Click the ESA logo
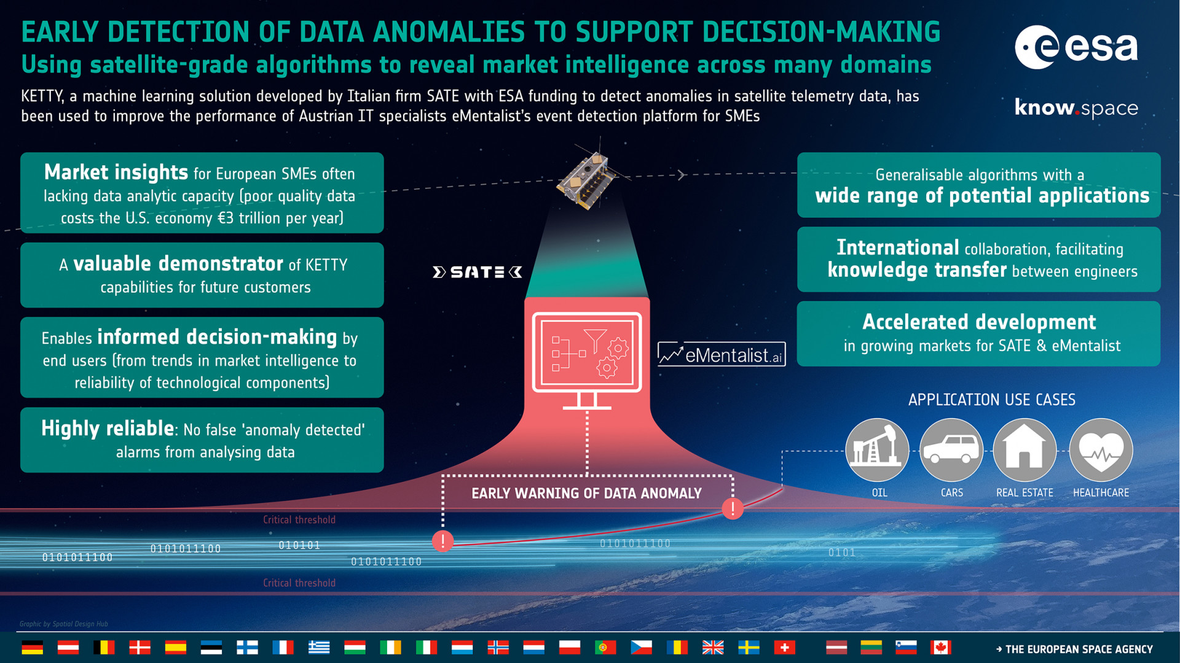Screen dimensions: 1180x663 (1076, 47)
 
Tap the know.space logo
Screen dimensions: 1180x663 (1076, 107)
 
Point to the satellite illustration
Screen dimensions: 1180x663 (588, 179)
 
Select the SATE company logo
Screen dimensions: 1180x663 (478, 272)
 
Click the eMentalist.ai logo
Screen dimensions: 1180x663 (722, 354)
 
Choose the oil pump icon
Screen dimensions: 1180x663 (877, 450)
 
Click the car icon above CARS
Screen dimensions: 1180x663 (951, 450)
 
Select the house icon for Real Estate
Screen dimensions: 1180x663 (1025, 450)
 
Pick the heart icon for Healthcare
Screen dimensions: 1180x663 (1101, 450)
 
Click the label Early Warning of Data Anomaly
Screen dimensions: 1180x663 (586, 494)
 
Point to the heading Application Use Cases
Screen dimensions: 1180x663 (992, 400)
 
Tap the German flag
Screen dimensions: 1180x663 (32, 647)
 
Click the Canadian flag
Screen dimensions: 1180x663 (940, 647)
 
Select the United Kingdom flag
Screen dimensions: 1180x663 (713, 647)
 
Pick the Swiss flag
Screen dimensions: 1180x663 (784, 647)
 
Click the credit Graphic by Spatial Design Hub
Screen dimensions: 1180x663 (64, 624)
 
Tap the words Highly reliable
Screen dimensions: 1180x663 (108, 428)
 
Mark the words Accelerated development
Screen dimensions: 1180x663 (979, 322)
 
